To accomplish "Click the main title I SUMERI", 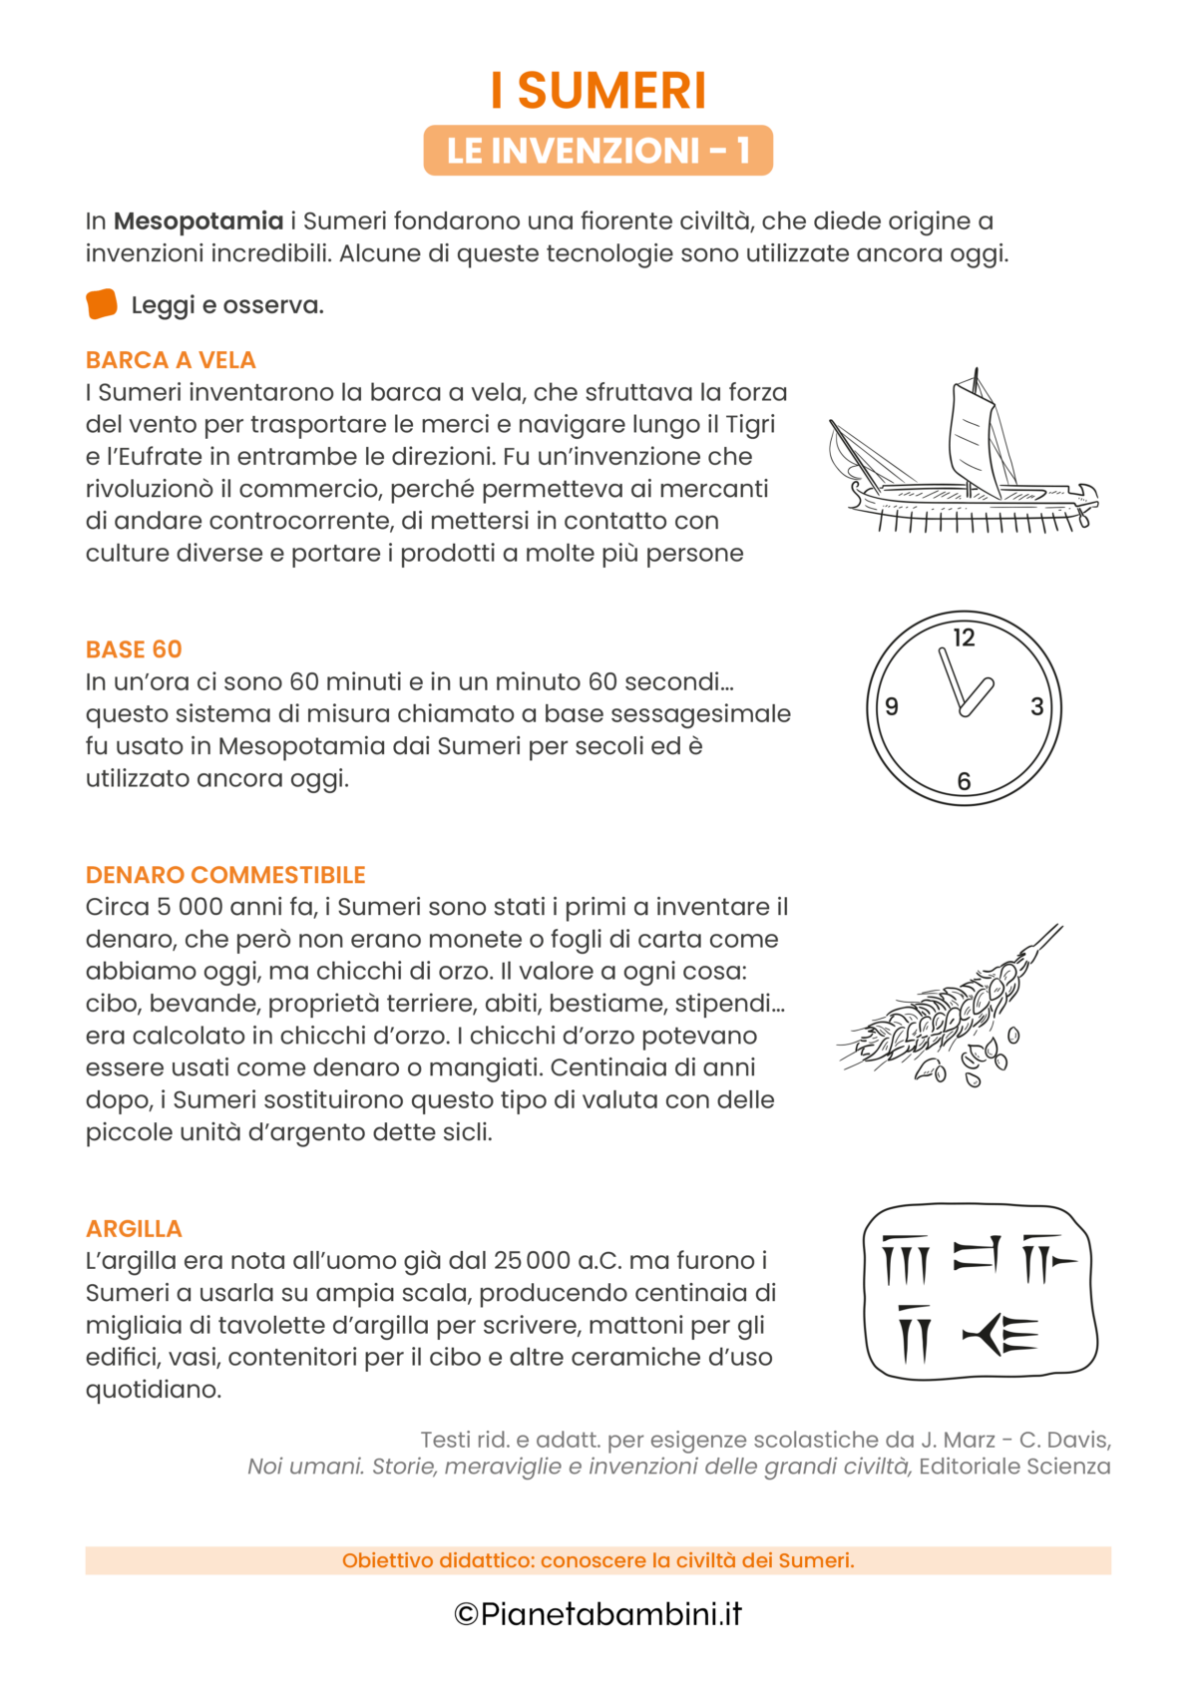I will click(598, 91).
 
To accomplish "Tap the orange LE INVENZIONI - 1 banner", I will click(598, 151).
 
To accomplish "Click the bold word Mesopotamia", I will click(199, 221).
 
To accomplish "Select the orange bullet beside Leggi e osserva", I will click(102, 304).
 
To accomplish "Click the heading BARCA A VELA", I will click(171, 360).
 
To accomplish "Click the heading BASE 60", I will click(134, 649).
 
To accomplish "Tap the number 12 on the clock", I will click(964, 638).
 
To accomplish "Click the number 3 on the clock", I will click(1036, 707).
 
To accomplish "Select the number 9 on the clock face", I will click(892, 707).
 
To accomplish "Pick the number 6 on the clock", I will click(964, 781).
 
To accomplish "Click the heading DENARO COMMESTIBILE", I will click(225, 875).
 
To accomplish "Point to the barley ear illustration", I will click(948, 1008).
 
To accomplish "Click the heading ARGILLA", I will click(134, 1229).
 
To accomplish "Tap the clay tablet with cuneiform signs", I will click(980, 1292).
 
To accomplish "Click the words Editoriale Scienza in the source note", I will click(1013, 1467).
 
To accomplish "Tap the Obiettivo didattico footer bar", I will click(598, 1560).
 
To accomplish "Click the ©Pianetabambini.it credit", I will click(598, 1614).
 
